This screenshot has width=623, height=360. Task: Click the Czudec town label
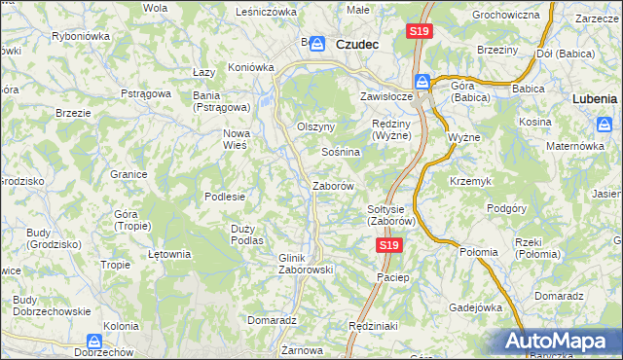coord(356,44)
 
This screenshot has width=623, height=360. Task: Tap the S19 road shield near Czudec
coord(419,32)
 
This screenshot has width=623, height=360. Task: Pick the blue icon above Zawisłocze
coord(422,81)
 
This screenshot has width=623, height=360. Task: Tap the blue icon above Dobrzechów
coord(94,342)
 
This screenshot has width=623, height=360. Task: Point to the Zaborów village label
coord(332,185)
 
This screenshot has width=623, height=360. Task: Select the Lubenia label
coord(595,98)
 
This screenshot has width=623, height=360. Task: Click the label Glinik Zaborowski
coord(307,263)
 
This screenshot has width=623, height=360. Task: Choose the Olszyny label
coord(315,126)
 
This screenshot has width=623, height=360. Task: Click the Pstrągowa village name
coord(146,93)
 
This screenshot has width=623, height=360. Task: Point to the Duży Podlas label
coord(247,234)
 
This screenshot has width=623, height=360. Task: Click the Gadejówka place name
coord(475,306)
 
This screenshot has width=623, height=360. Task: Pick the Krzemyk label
coord(472,182)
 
